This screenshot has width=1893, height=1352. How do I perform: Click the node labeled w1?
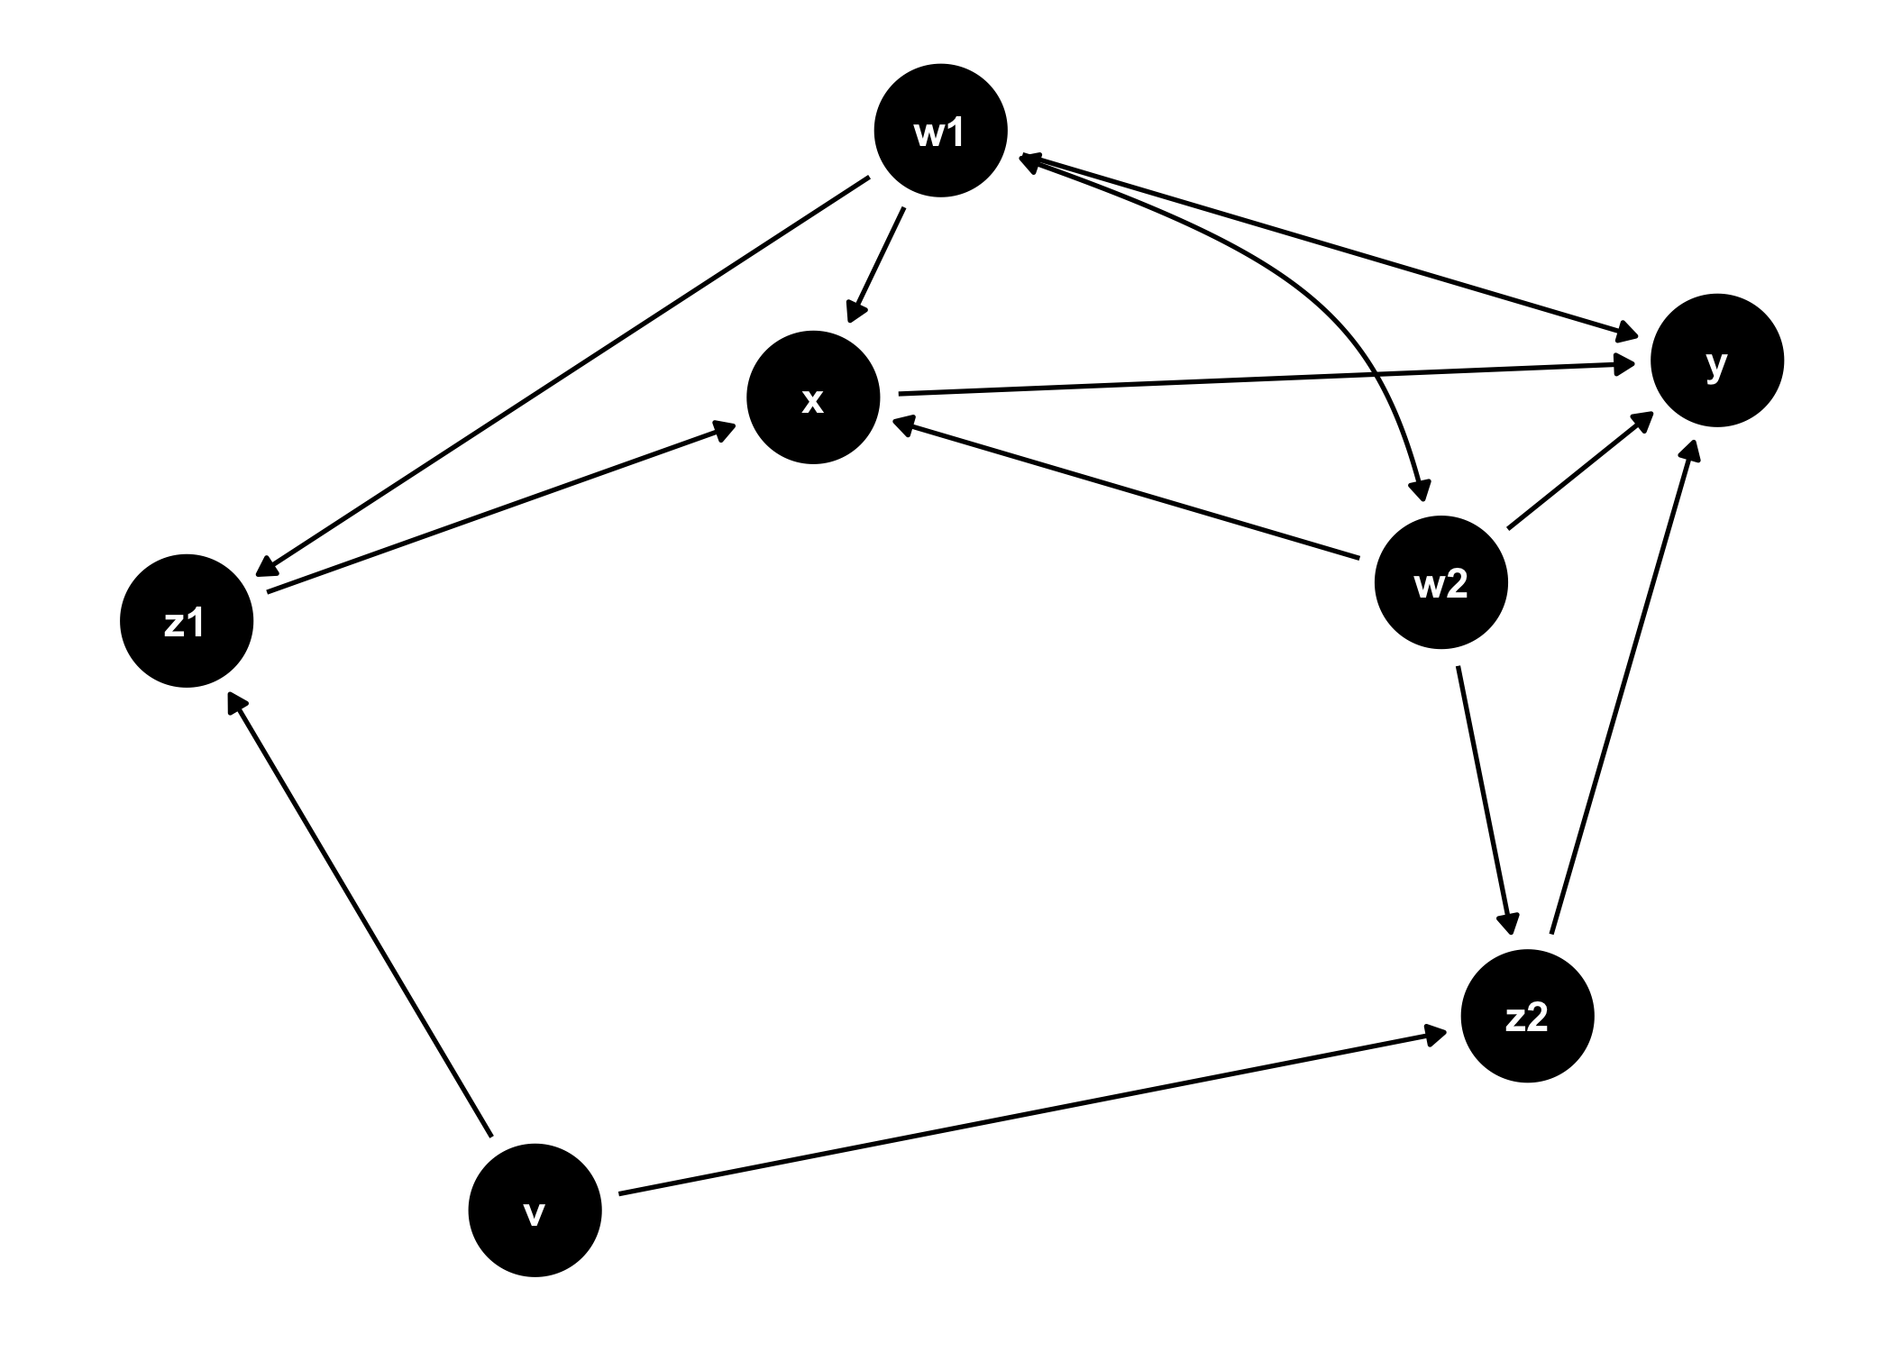[940, 131]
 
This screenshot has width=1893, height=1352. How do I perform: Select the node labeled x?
[813, 397]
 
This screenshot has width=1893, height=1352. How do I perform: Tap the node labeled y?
[1716, 361]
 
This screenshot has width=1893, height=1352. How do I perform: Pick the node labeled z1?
[187, 620]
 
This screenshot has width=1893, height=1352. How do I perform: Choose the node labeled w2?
[1440, 582]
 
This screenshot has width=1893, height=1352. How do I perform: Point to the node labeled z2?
[1527, 1016]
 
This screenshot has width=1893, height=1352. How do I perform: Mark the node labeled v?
[535, 1210]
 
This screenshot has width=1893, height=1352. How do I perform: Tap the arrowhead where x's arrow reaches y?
[1627, 365]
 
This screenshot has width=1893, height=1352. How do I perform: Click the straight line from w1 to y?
[1325, 243]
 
